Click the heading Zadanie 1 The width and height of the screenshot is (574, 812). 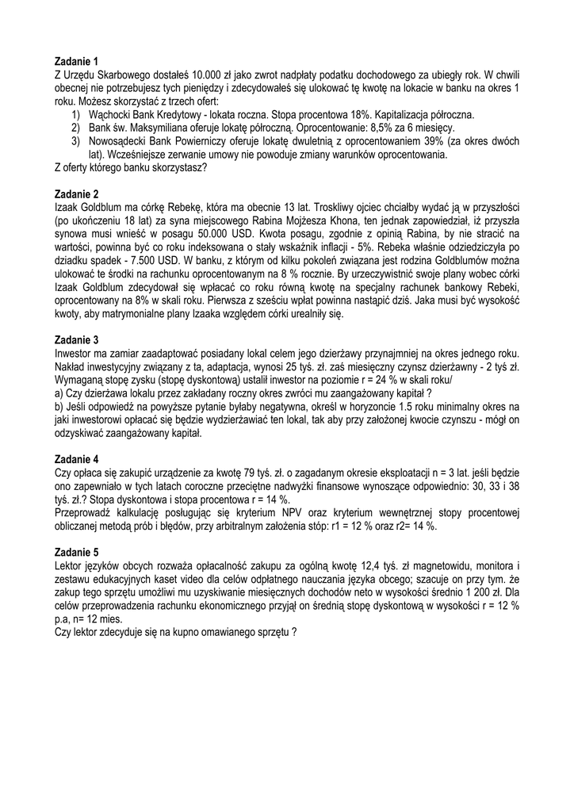click(x=77, y=61)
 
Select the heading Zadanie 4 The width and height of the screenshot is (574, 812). click(x=77, y=459)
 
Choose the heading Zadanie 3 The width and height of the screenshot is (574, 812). click(x=77, y=340)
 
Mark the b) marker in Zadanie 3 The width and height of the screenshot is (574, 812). click(x=59, y=407)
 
